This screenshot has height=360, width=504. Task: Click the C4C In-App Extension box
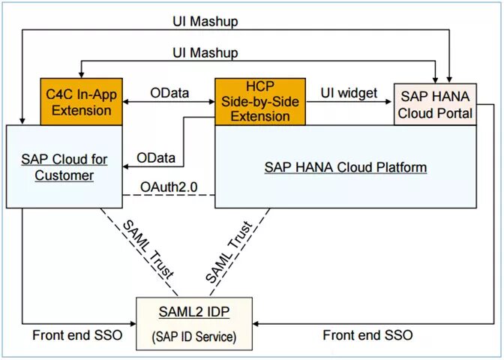coord(81,101)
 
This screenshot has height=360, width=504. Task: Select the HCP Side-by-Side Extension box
coord(260,101)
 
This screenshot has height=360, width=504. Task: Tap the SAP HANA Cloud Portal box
coord(435,104)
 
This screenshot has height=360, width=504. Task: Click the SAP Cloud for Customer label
coord(64,167)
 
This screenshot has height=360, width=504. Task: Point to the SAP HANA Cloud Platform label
coord(346,167)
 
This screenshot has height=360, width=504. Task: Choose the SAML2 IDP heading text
coord(194,312)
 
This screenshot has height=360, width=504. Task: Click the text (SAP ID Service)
coord(194,337)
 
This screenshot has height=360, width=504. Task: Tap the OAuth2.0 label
coord(169,187)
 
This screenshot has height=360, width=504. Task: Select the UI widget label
coord(349,93)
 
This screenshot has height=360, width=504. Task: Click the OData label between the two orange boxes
coord(169,93)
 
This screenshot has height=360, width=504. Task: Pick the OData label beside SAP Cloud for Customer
coord(156,157)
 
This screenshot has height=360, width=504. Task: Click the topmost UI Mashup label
coord(205,22)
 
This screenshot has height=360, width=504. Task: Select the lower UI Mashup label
coord(205,52)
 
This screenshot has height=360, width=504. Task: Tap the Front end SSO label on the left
coord(77,335)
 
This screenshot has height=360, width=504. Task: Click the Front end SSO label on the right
coord(367,335)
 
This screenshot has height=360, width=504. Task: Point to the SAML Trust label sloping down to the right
coord(148,249)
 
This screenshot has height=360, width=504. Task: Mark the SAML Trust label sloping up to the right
coord(229,252)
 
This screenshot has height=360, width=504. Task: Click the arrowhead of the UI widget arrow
coord(388,101)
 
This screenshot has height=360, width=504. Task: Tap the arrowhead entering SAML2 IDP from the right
coord(256,324)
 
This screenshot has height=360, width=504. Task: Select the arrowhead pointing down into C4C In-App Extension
coord(81,74)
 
